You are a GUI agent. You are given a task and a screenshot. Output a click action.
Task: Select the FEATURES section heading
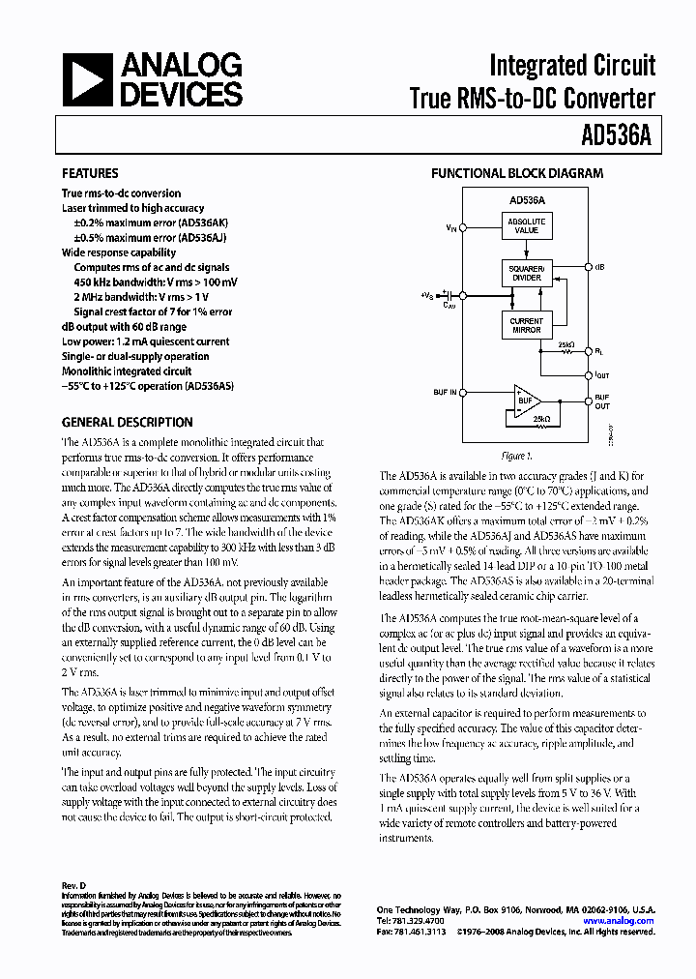point(90,174)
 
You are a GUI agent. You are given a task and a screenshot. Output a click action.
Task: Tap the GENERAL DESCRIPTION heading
point(127,423)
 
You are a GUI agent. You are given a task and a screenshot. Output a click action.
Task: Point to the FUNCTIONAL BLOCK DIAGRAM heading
point(516,174)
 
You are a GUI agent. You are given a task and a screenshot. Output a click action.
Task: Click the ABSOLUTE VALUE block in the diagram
point(527,227)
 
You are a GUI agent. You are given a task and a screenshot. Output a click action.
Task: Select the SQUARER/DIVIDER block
point(527,272)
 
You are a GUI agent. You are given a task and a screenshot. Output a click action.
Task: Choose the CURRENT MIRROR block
point(527,325)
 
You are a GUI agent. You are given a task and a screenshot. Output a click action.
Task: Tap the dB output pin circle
point(589,265)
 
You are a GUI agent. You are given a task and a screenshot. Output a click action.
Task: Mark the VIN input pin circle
point(463,228)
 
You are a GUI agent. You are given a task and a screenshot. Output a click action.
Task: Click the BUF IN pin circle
point(463,393)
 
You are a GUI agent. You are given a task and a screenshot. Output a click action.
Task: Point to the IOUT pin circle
point(589,376)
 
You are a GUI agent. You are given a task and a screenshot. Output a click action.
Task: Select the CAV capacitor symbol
point(446,295)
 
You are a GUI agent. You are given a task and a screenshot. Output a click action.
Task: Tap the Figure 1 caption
point(517,456)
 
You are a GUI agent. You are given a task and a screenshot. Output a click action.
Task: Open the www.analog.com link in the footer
point(618,921)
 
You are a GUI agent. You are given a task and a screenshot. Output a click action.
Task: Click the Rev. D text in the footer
point(74,886)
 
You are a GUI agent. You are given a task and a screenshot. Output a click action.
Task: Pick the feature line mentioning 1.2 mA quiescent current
point(145,341)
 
